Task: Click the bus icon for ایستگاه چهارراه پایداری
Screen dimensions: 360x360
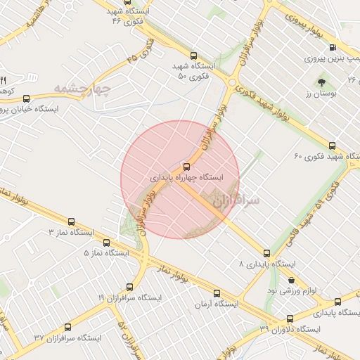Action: point(186,167)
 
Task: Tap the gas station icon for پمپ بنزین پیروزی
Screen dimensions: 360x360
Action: point(333,49)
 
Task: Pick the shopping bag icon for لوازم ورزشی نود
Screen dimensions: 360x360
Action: point(292,279)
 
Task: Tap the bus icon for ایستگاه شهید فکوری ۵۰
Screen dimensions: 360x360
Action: point(194,55)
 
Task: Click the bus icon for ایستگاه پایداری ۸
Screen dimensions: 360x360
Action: point(266,252)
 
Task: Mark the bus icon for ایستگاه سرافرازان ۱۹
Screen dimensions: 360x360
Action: point(129,286)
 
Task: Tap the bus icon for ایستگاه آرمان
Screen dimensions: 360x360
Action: point(216,292)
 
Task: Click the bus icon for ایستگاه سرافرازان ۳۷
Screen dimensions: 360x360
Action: point(67,327)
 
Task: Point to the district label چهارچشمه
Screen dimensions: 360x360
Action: point(83,89)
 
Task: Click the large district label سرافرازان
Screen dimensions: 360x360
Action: point(236,201)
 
